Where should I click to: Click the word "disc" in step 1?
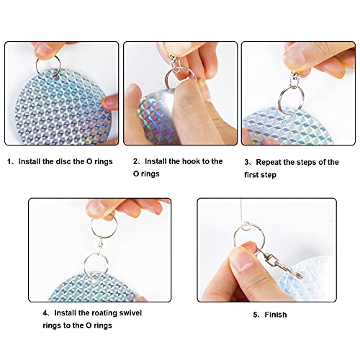(63, 161)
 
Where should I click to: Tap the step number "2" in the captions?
(135, 161)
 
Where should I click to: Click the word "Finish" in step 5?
(276, 315)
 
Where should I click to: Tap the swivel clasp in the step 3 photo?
(294, 78)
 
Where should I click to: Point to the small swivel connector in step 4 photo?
(100, 246)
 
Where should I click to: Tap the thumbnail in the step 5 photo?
(243, 260)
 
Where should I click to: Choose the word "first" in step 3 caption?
(251, 175)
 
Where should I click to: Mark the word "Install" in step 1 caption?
(30, 161)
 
